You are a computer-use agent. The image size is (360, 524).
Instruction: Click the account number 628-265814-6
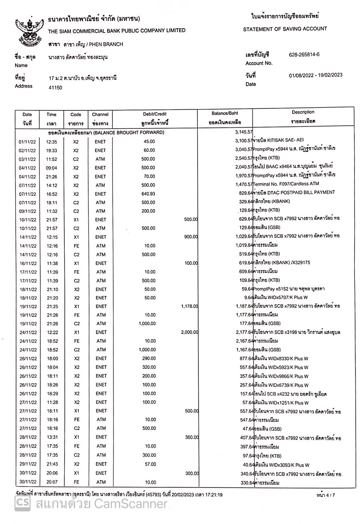304,55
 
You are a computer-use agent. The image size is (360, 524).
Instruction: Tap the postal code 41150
56,88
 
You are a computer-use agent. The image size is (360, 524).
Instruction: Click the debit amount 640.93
148,194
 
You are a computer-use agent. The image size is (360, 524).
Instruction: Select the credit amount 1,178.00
189,306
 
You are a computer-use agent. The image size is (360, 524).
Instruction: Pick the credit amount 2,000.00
189,332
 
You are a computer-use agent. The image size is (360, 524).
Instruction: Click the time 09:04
52,168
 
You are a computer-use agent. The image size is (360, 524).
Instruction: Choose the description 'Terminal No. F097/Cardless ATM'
286,184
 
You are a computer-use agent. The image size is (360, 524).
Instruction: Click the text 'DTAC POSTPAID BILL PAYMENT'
299,192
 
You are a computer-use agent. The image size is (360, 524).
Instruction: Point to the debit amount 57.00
150,464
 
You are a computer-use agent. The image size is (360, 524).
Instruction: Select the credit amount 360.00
191,437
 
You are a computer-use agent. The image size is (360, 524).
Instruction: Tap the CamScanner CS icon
22,504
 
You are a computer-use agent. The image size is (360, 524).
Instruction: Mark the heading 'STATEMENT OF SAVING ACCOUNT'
285,29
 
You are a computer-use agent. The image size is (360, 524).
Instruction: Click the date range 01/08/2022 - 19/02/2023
316,75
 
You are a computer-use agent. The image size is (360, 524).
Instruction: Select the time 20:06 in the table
52,473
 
